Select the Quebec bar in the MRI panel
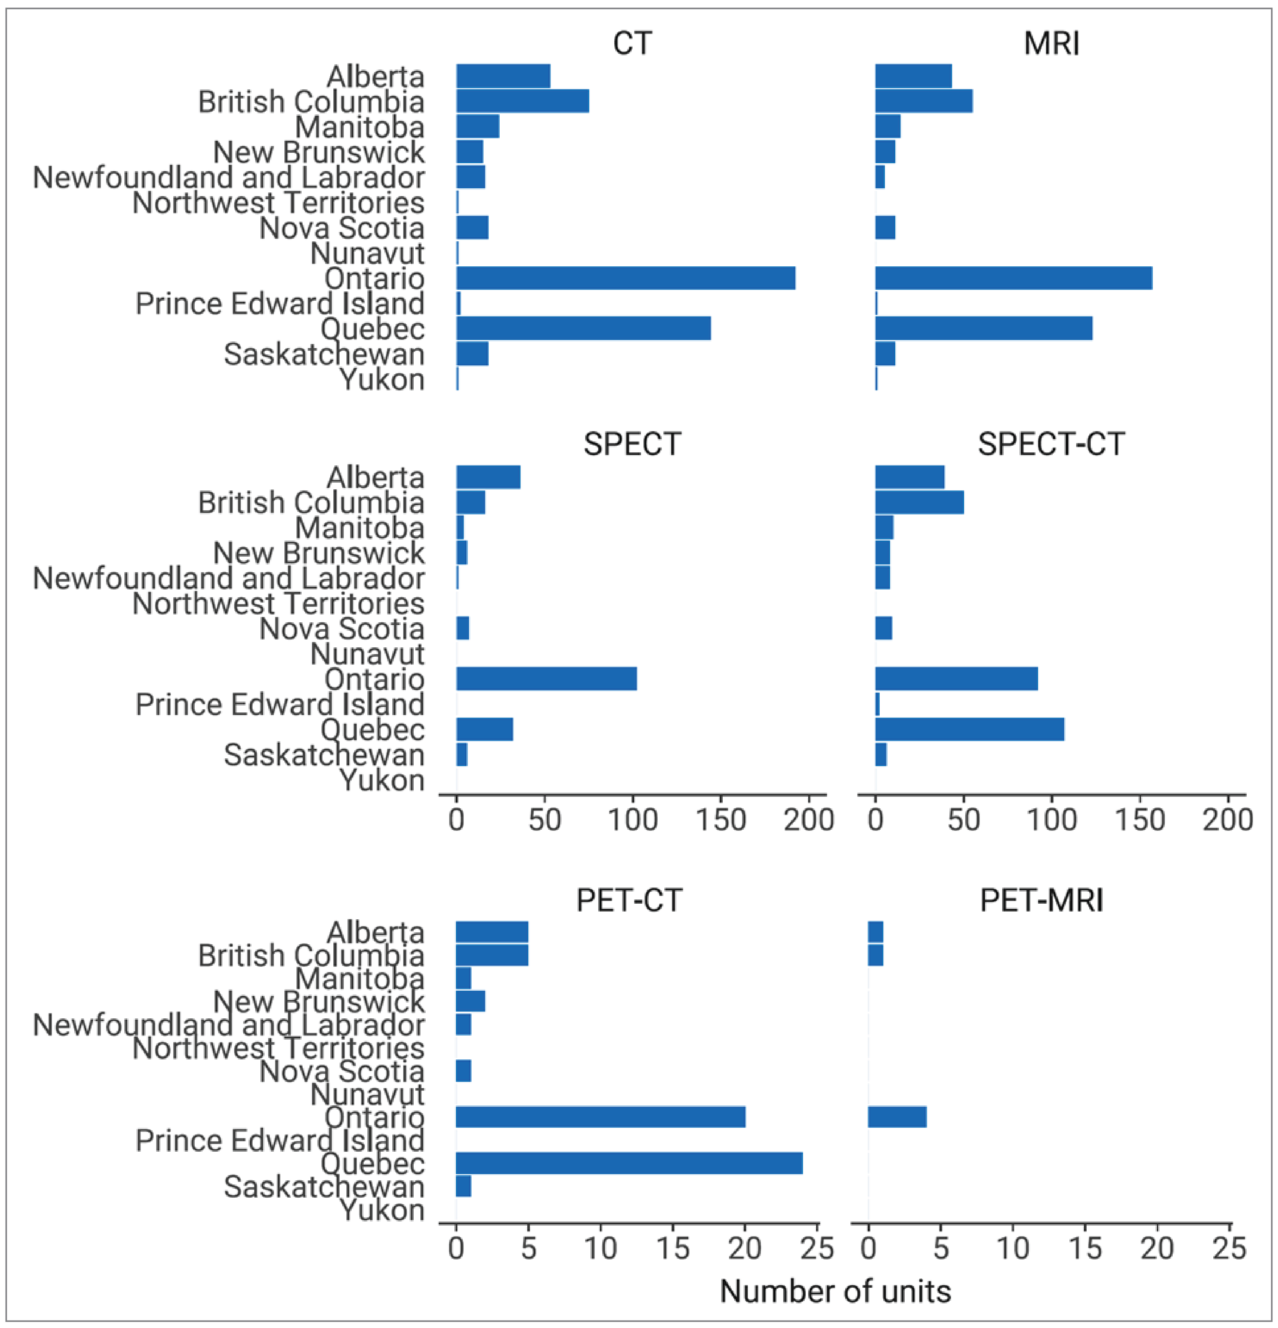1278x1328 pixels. coord(983,329)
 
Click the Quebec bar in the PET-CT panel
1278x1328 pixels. coord(629,1163)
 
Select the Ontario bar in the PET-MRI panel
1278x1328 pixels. coord(896,1117)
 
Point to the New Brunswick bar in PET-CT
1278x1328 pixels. coord(470,1002)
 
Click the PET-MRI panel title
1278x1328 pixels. coord(1041,901)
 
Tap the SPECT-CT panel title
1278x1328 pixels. coord(1051,445)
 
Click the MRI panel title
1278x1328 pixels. coord(1051,43)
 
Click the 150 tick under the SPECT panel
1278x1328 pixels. coord(721,820)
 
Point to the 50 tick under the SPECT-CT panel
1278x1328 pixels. coord(964,820)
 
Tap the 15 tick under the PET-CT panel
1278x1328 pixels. coord(673,1248)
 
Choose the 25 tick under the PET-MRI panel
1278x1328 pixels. coord(1229,1248)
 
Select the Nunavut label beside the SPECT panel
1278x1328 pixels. coord(367,654)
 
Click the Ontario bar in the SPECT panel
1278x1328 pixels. coord(546,679)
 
